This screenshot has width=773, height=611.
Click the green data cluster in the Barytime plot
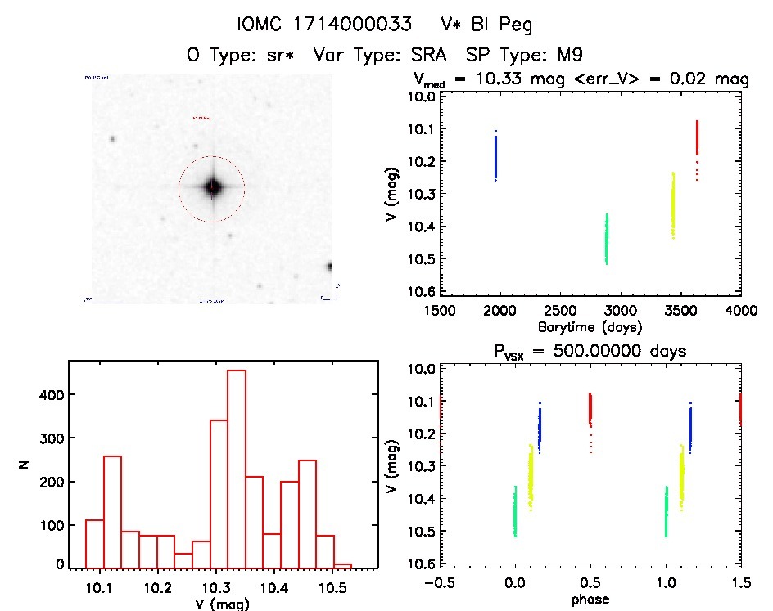click(607, 239)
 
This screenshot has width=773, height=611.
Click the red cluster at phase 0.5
click(590, 409)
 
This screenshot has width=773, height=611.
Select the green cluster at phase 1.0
click(667, 511)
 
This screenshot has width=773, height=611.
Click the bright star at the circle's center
click(213, 187)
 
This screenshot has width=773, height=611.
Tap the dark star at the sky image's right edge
click(329, 266)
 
